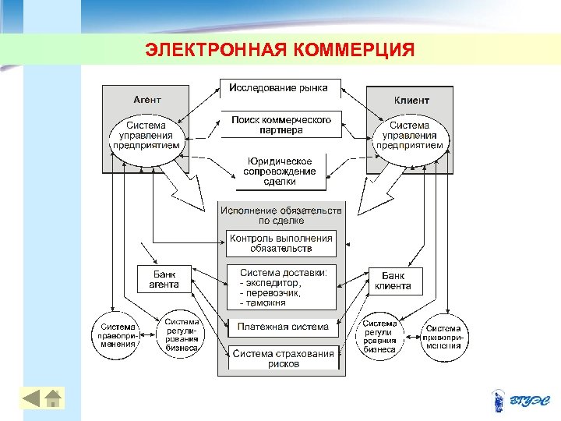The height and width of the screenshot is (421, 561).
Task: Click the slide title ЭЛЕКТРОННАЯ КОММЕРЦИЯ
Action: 280,51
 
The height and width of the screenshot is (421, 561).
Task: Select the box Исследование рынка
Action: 278,88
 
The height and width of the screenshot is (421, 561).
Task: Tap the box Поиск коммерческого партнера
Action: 281,125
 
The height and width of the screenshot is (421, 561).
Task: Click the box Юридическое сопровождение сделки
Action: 280,172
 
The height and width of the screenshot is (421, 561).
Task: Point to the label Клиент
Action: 411,101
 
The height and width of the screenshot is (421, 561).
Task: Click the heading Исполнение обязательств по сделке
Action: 280,215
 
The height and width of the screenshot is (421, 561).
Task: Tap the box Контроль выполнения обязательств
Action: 280,243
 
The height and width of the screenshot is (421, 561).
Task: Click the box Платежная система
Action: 283,327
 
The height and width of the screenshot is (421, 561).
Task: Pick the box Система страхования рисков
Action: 283,359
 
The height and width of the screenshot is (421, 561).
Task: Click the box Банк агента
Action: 164,279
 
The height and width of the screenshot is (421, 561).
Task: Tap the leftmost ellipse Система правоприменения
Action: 118,335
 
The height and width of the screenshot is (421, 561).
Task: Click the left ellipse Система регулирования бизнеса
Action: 182,335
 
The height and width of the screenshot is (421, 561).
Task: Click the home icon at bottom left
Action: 53,398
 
